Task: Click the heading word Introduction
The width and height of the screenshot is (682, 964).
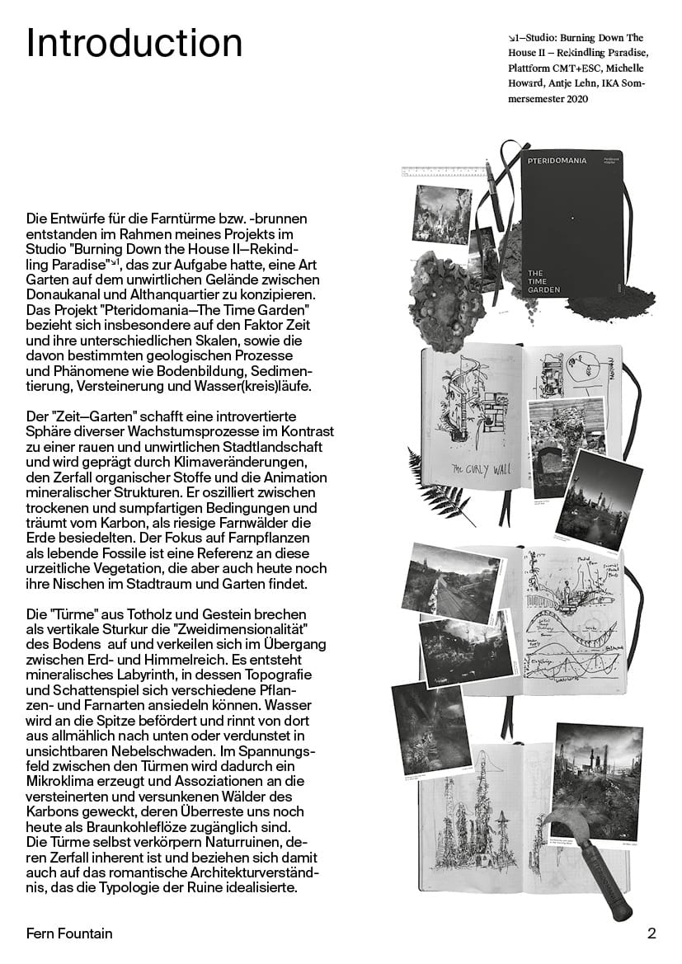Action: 134,43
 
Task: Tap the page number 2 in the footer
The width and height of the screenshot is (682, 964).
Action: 651,933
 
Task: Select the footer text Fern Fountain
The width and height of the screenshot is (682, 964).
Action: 69,933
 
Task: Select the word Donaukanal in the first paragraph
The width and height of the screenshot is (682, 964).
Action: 59,294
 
